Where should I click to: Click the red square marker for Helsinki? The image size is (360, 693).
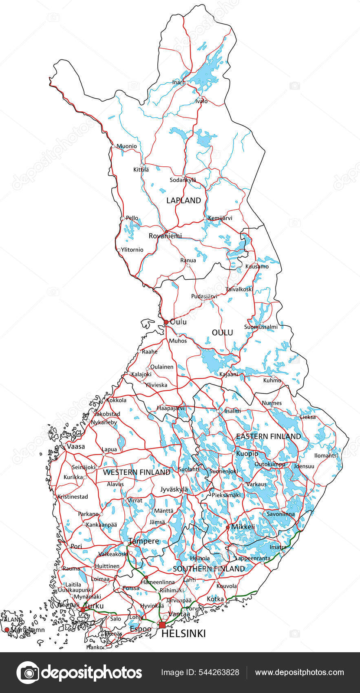[162, 625]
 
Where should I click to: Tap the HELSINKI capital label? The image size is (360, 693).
[183, 633]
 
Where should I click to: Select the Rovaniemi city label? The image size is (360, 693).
[165, 236]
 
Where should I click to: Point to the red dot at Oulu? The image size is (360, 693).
[166, 322]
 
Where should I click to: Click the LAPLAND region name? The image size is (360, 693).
[183, 200]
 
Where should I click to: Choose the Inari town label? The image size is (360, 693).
[178, 82]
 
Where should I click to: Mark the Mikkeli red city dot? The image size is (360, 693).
[227, 527]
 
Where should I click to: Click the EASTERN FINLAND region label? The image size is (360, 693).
[268, 436]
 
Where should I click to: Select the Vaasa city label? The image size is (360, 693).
[76, 446]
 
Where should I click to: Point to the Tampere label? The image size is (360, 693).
[144, 541]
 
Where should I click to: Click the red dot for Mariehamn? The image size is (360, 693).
[7, 630]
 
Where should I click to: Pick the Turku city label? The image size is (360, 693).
[93, 606]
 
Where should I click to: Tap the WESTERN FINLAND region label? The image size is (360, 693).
[137, 472]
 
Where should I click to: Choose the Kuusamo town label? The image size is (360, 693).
[257, 267]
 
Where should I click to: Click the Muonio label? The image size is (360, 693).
[127, 146]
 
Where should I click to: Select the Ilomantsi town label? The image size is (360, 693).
[327, 455]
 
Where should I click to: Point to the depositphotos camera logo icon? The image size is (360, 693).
[28, 673]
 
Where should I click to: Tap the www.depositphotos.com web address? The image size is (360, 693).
[299, 673]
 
